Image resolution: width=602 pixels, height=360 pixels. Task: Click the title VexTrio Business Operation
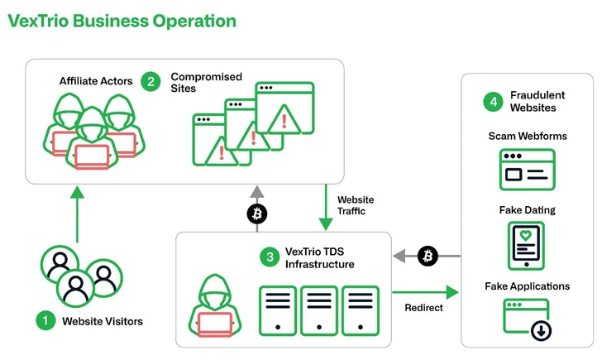point(121,21)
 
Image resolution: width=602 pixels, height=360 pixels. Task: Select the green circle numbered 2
point(150,81)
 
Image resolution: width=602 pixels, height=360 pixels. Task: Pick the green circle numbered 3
point(270,257)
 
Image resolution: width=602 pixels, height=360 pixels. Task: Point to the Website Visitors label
point(103,321)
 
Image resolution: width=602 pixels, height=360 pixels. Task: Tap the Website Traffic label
point(356,205)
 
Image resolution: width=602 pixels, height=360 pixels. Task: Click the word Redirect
point(423,308)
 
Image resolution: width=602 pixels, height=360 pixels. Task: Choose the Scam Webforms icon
point(527,170)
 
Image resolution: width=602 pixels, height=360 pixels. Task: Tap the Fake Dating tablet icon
point(527,245)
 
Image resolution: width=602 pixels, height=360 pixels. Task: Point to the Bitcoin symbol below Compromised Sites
point(258,214)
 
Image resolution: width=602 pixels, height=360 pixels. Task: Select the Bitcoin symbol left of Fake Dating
point(428,256)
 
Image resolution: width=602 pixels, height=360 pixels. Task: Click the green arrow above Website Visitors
point(77,214)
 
